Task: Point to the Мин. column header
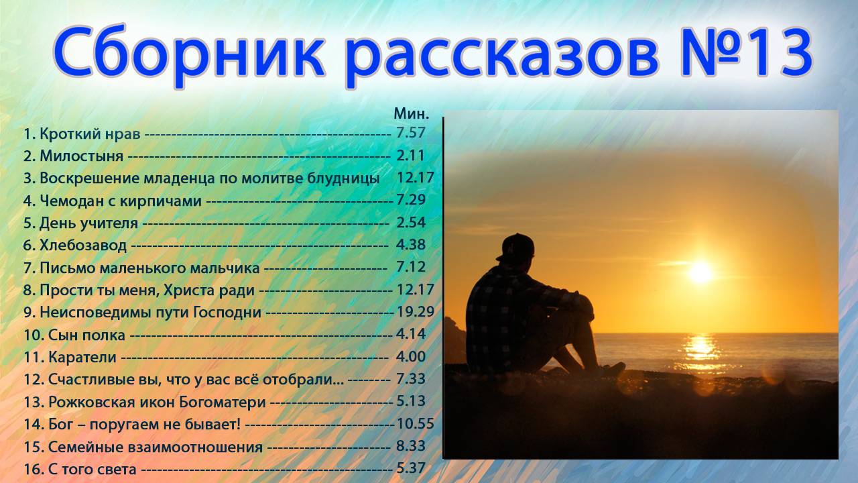411,113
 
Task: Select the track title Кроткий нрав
90,133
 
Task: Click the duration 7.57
411,133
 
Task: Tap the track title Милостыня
81,156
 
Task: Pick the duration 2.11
411,156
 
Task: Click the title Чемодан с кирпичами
121,201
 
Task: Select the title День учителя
88,223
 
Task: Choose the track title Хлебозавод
83,246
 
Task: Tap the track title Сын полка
86,334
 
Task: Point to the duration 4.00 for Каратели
411,357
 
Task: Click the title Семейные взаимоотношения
155,447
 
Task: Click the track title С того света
92,469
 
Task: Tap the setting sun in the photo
700,272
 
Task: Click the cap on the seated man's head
516,246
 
